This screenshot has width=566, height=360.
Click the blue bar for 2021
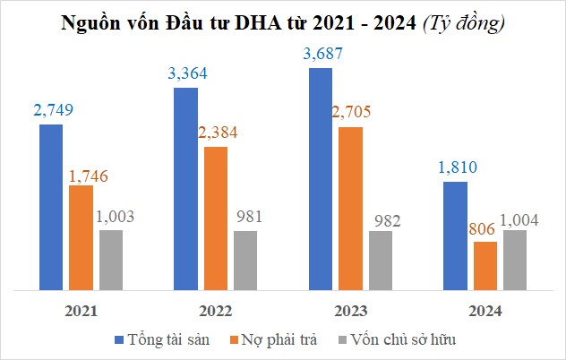coord(51,208)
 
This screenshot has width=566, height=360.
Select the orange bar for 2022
coord(215,219)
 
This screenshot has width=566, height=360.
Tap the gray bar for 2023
coord(381,261)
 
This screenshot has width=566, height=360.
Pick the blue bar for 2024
coord(456,236)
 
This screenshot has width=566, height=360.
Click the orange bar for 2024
coord(485,266)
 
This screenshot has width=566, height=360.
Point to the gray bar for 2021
coord(111,261)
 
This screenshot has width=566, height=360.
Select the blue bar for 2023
coord(321,179)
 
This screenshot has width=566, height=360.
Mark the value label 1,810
coord(456,167)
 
